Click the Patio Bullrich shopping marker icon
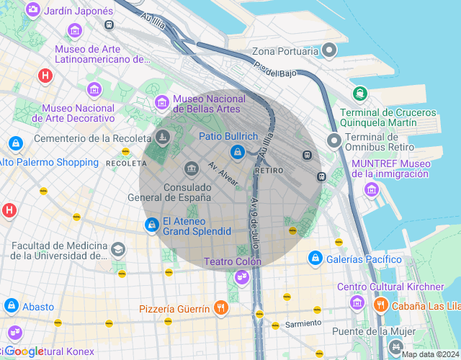point(237,152)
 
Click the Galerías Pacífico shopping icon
point(315,258)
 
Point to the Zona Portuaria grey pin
point(330,50)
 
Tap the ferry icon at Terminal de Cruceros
point(359,93)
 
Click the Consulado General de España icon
point(192,169)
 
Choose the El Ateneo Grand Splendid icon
point(151,226)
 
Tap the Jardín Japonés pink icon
point(32,11)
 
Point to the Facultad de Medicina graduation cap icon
point(117,249)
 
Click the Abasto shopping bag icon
point(11,307)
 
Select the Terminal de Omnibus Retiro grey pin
point(334,140)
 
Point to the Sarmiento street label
point(302,324)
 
